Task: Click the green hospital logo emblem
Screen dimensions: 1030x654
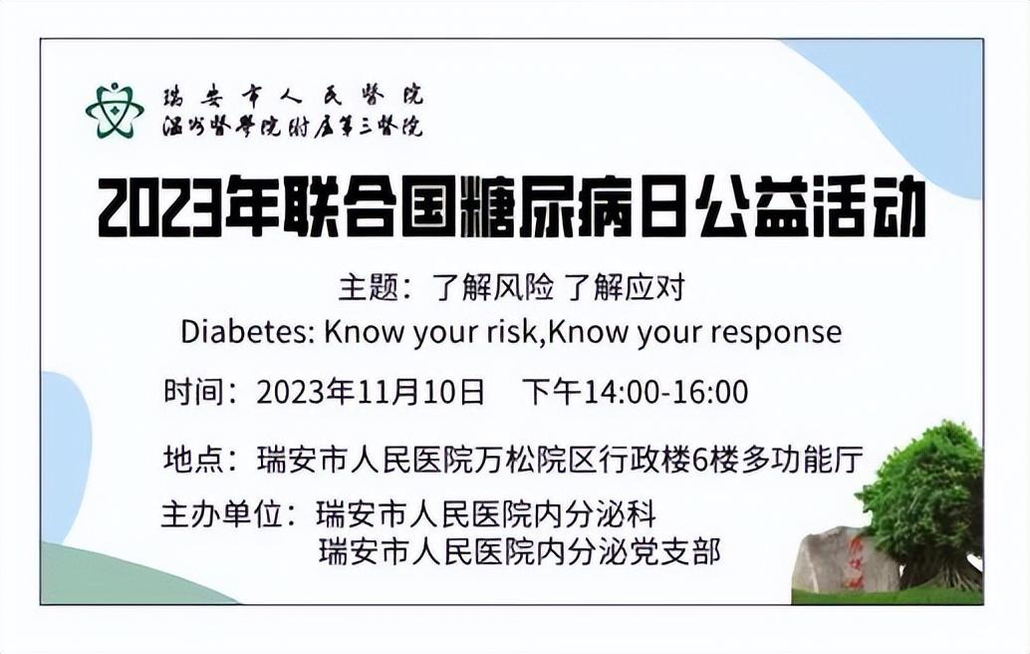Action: [115, 110]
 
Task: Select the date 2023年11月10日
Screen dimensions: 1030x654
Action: [371, 392]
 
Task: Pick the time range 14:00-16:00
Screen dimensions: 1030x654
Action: [666, 392]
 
